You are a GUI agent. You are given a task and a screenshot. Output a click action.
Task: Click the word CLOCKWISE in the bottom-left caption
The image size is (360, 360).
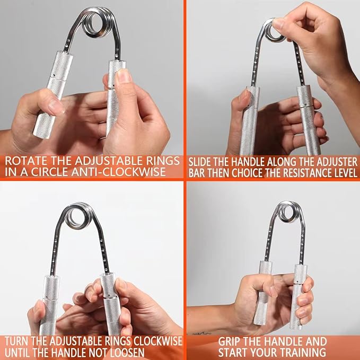point(157,341)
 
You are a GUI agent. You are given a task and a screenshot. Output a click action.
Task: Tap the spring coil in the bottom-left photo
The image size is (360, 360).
point(77,216)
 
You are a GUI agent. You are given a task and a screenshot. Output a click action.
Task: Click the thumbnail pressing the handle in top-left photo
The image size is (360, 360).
point(124,76)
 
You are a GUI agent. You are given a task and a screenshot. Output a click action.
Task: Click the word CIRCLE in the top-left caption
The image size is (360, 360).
point(50,172)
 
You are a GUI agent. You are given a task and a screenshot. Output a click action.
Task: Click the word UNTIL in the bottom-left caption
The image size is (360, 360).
point(17,353)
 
